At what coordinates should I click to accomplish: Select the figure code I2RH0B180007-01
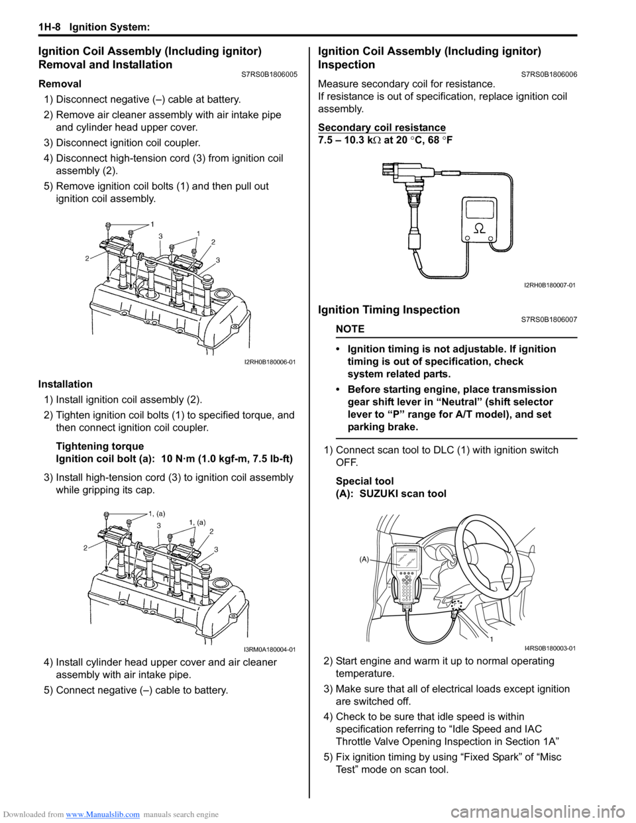click(x=549, y=285)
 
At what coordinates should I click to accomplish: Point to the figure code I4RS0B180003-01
click(x=549, y=648)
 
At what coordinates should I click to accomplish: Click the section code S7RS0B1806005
click(x=270, y=74)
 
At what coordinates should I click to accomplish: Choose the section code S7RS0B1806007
click(x=549, y=319)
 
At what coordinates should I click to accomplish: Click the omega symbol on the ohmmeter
click(x=479, y=227)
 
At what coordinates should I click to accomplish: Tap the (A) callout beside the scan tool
click(x=364, y=560)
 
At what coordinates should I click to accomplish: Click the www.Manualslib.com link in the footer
click(x=103, y=814)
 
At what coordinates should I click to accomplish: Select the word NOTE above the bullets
click(x=350, y=329)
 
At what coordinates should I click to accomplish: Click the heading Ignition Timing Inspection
click(x=389, y=310)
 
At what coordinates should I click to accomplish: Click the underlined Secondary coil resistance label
click(x=382, y=127)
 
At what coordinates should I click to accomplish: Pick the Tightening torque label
click(x=99, y=446)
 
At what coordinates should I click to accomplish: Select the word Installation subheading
click(x=66, y=384)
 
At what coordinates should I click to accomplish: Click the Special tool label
click(x=364, y=481)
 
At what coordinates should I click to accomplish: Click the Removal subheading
click(x=60, y=84)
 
